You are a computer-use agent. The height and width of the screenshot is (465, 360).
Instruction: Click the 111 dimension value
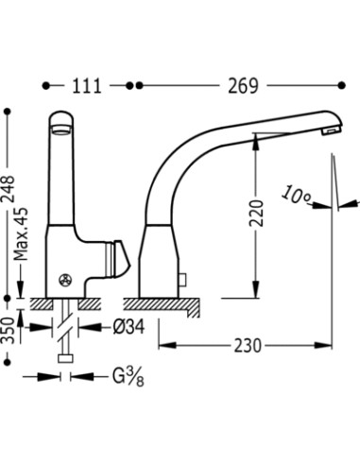click(x=87, y=86)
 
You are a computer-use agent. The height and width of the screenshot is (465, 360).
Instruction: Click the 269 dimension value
click(x=243, y=86)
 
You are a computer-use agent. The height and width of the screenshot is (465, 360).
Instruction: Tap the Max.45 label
click(x=21, y=233)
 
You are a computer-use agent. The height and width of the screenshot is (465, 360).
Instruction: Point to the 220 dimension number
click(x=256, y=213)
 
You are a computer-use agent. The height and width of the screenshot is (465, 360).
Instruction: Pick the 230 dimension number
click(x=248, y=346)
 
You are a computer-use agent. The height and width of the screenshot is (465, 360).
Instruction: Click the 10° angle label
click(x=296, y=196)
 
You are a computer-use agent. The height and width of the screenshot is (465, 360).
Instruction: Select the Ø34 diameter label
click(x=129, y=327)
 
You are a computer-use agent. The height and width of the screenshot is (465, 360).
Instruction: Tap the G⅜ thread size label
click(x=129, y=376)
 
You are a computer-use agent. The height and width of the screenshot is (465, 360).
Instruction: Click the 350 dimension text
click(x=8, y=330)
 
